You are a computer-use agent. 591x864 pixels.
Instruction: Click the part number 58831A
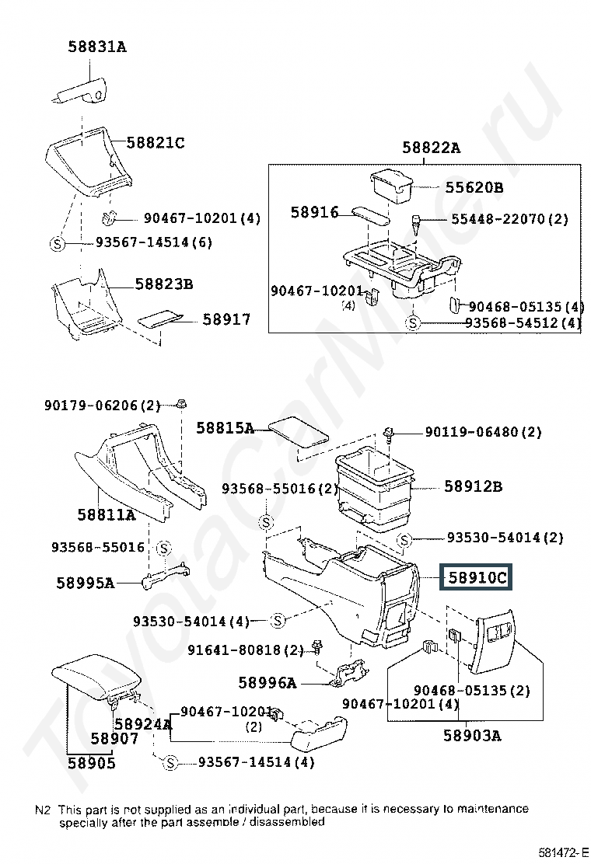[97, 47]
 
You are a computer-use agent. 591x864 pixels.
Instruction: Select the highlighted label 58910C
[477, 577]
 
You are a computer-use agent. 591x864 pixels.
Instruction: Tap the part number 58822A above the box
[431, 148]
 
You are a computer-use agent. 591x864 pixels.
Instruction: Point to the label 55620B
[474, 187]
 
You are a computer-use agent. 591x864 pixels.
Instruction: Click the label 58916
[314, 212]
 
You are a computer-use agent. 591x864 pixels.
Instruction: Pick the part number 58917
[226, 319]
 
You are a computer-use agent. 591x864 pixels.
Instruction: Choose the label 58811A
[107, 514]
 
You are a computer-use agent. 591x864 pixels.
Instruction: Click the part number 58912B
[474, 486]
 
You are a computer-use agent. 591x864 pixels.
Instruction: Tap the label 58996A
[268, 683]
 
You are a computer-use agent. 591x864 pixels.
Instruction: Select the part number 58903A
[473, 736]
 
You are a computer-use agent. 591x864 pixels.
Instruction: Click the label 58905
[92, 763]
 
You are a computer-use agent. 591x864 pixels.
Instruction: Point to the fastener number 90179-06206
[91, 406]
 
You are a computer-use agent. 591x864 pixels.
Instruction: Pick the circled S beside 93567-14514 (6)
[58, 243]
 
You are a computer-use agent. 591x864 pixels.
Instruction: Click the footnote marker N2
[43, 810]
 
